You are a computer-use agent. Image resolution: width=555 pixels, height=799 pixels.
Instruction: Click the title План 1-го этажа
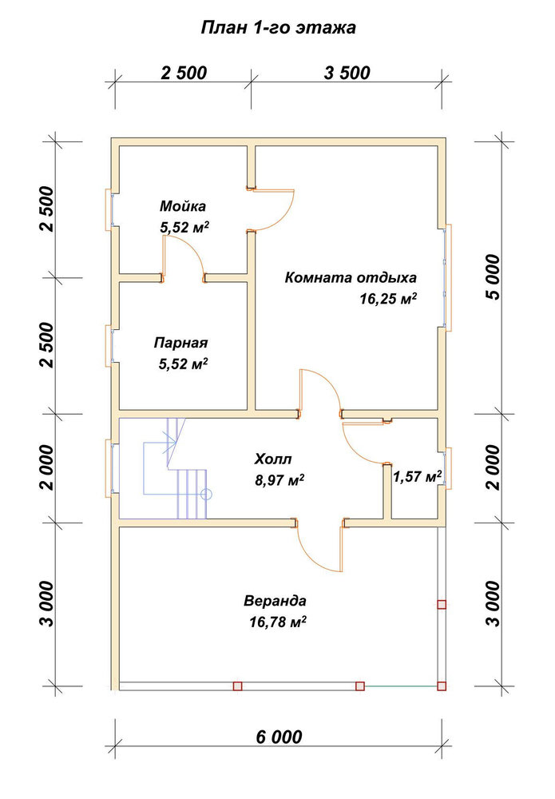(278, 27)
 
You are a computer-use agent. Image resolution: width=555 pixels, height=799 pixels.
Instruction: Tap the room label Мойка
(183, 206)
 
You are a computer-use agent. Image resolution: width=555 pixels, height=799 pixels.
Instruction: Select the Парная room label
(180, 343)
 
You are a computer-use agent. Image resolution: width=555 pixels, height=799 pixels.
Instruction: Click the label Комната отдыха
(351, 278)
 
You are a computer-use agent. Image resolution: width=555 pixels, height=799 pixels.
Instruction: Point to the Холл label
(273, 459)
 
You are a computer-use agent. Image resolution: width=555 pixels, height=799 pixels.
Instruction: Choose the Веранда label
(275, 601)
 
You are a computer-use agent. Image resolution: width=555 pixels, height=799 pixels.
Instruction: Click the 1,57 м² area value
(417, 476)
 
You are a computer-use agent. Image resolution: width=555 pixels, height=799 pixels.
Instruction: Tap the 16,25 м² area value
(388, 298)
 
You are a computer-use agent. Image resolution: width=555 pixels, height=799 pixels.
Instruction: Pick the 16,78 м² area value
(278, 622)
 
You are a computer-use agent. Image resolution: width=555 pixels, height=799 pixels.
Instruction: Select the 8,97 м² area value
(279, 479)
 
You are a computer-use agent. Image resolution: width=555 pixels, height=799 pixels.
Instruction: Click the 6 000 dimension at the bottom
(279, 737)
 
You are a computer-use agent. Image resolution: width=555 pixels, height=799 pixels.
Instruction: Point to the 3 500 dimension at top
(347, 73)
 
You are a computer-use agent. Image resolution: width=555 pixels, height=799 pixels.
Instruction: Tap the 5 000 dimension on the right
(493, 276)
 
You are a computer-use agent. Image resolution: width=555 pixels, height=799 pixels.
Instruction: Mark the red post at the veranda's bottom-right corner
(442, 686)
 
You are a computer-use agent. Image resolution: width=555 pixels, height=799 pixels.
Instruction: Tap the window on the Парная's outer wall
(109, 344)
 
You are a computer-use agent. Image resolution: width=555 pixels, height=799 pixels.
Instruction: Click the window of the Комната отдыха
(447, 277)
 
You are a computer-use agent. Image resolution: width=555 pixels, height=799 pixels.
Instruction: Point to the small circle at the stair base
(206, 494)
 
